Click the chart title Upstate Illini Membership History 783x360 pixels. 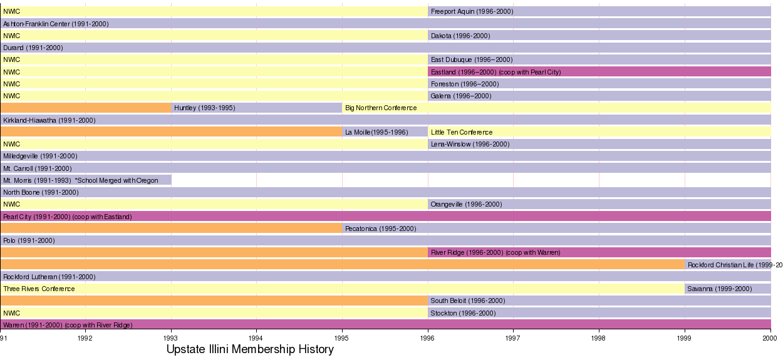tap(250, 349)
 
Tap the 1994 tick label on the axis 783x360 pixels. tap(256, 337)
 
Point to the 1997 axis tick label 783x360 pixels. tap(513, 337)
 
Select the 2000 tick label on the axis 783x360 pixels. tap(770, 337)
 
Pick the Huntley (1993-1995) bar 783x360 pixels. tap(257, 108)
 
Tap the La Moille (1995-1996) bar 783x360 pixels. tap(385, 132)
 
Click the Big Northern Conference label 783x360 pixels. tap(381, 108)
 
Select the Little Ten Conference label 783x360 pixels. tap(462, 132)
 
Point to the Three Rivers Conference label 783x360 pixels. tap(39, 289)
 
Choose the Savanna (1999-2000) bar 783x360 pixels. tap(727, 289)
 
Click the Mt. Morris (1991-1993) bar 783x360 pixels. tap(86, 180)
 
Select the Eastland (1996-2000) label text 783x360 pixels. tap(495, 72)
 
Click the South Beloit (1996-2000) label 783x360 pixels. tap(467, 301)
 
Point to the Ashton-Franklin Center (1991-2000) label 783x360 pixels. tap(56, 24)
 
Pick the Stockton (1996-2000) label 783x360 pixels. tap(463, 313)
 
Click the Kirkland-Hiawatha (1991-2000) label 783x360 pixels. tap(49, 120)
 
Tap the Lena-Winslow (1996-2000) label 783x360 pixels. tap(470, 144)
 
